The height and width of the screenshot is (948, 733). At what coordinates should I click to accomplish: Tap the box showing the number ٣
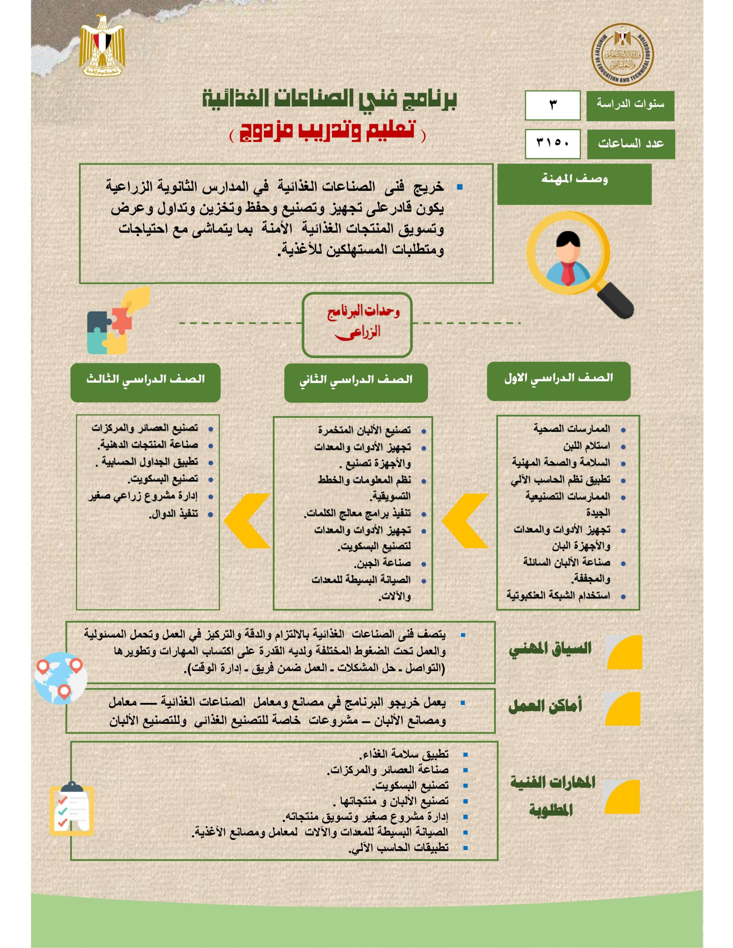[x=552, y=105]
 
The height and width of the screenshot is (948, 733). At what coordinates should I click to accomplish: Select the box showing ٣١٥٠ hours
[x=552, y=144]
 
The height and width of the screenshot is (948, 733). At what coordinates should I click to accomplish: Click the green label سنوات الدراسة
[x=630, y=106]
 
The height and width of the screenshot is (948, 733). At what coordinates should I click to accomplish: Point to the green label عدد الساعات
[x=630, y=144]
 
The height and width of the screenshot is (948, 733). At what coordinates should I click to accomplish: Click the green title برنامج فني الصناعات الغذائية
[x=330, y=100]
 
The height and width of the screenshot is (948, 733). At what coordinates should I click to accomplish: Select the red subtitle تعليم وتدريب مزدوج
[x=328, y=131]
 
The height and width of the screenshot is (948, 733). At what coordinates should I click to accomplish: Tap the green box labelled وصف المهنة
[x=574, y=184]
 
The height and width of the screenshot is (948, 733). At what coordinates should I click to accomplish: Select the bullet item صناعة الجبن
[x=382, y=563]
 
